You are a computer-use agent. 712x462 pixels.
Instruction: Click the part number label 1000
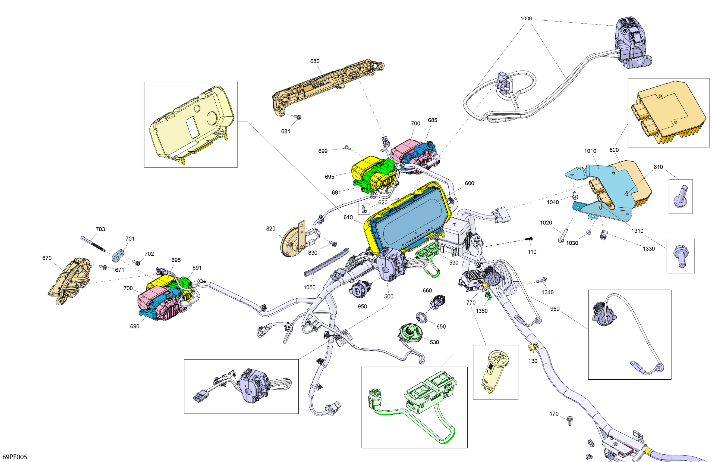coord(526,18)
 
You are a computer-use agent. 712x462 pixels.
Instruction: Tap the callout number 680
coord(314,61)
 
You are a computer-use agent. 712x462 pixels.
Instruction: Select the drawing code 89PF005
coord(15,457)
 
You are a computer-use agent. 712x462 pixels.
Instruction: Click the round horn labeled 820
coord(291,242)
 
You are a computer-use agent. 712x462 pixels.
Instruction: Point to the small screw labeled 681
coord(298,117)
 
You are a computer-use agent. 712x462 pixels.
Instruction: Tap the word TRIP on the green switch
coord(427,398)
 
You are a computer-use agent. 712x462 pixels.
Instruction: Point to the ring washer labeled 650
coord(421,317)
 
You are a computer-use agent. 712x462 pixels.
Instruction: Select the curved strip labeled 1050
coord(326,263)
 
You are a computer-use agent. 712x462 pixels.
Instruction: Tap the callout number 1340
coord(547,292)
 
